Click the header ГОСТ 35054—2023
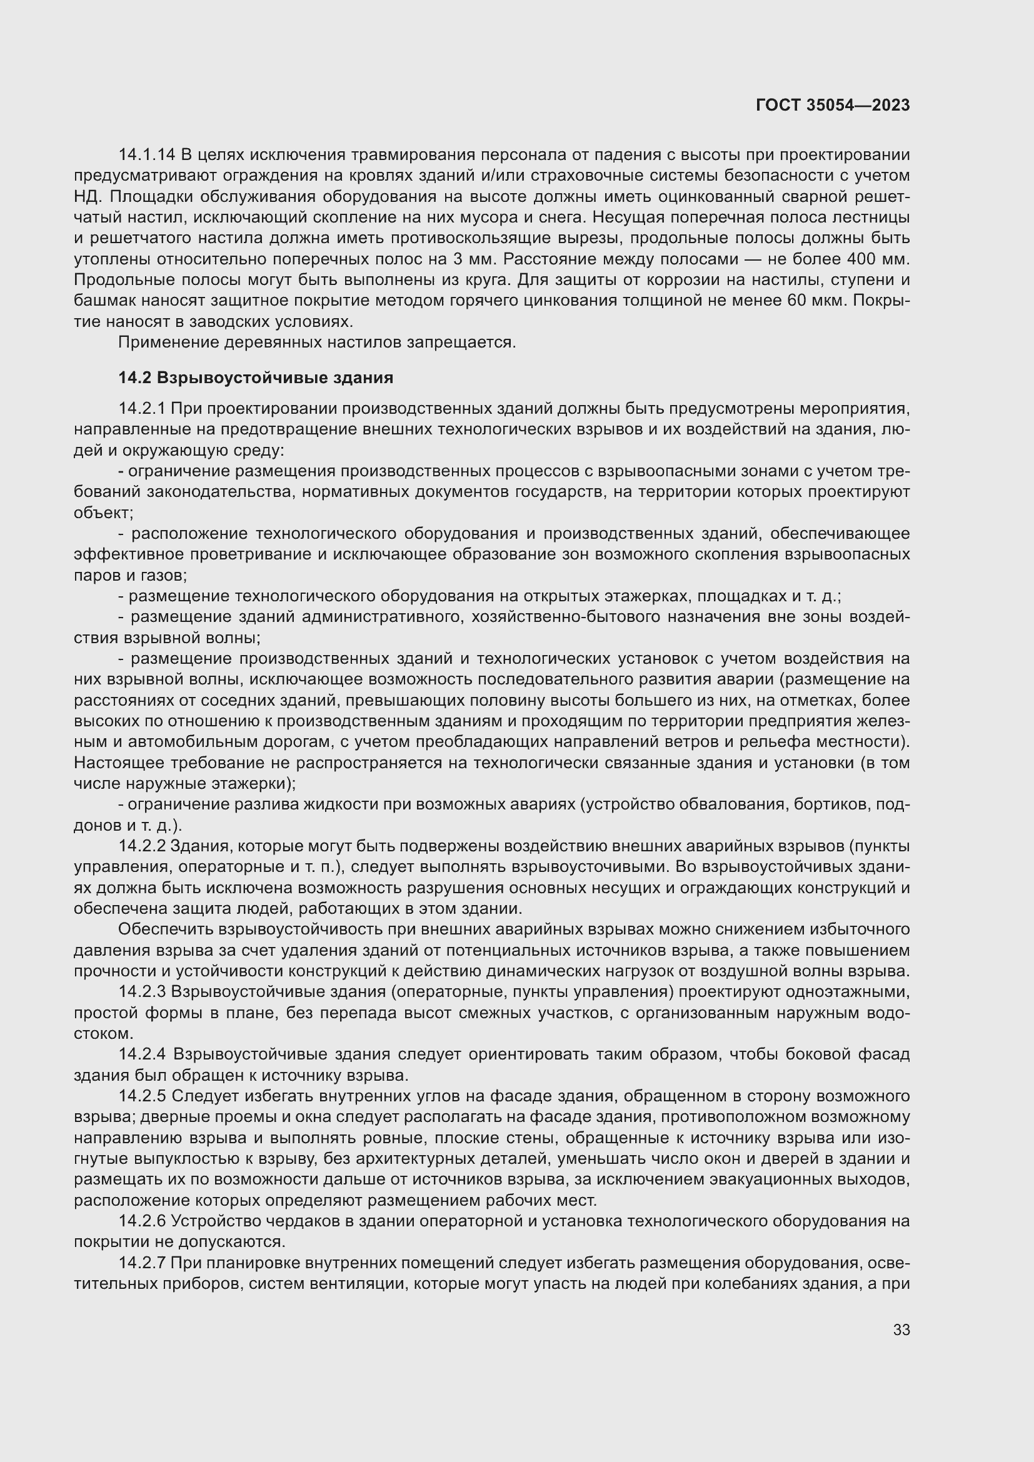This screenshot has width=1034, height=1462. [832, 105]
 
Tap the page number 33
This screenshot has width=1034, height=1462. [901, 1329]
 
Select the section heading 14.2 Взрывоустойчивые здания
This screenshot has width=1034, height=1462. [255, 378]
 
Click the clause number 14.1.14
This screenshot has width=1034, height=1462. [146, 155]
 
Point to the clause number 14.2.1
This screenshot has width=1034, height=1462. [141, 408]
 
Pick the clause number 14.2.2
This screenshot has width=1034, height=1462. [142, 846]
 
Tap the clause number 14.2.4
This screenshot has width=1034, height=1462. [143, 1054]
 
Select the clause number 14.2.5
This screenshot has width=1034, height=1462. [142, 1096]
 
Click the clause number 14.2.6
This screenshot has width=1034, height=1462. [142, 1221]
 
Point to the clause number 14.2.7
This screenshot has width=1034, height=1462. [142, 1263]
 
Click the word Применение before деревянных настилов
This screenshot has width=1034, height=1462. [168, 343]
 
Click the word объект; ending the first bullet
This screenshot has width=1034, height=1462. [103, 513]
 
